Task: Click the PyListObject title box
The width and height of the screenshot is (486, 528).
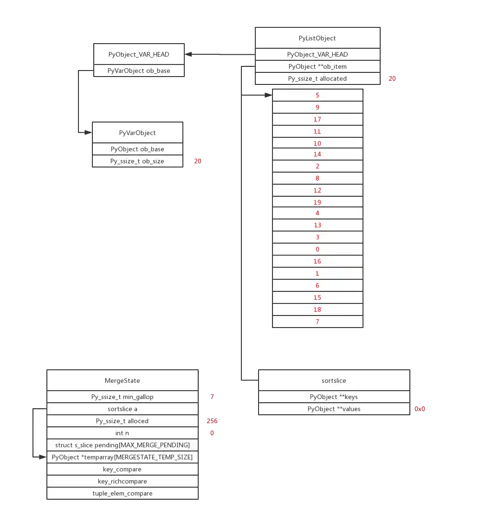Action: point(318,38)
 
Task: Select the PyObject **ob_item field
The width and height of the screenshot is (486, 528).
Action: point(318,66)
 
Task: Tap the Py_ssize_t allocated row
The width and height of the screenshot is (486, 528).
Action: point(318,78)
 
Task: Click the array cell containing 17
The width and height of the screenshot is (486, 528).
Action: point(318,119)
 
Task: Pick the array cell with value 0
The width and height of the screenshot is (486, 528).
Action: point(318,249)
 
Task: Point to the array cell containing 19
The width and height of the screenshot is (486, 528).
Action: point(318,202)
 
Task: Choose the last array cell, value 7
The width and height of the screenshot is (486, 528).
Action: point(318,322)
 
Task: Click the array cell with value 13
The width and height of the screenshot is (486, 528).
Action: point(318,225)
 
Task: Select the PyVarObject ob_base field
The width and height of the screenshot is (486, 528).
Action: point(139,71)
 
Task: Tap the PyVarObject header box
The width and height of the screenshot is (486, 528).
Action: point(137,133)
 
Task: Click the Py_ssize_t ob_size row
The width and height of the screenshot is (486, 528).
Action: point(137,161)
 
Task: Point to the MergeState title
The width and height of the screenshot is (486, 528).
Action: point(122,380)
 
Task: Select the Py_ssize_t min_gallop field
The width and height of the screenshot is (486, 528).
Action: point(122,397)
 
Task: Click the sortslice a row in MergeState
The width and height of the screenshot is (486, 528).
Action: point(122,409)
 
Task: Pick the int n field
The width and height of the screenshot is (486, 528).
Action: point(122,433)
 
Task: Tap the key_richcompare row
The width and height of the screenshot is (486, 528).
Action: point(122,481)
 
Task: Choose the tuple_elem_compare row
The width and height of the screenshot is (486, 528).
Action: point(122,493)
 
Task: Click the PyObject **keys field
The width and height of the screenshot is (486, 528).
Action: point(334,397)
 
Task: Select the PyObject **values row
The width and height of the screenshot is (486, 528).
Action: point(334,409)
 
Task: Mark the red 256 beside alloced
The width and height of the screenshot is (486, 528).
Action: point(212,421)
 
